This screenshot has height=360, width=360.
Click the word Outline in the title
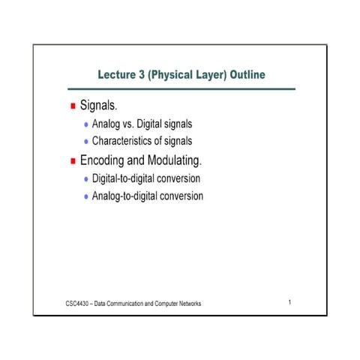tap(243, 76)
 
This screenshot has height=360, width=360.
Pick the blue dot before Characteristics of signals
tap(86, 141)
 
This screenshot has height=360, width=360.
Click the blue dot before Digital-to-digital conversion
tap(86, 180)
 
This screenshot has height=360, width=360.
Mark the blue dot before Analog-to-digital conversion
tap(86, 197)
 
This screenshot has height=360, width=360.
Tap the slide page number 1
tap(289, 302)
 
